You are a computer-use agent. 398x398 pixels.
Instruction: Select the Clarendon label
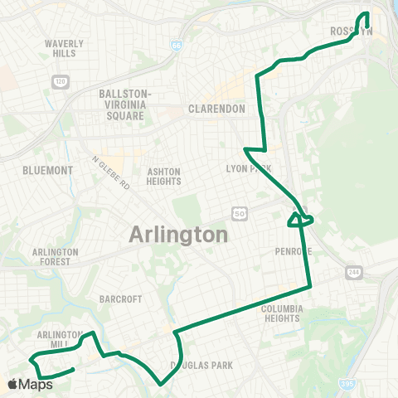216,109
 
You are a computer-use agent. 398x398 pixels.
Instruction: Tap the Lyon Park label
249,168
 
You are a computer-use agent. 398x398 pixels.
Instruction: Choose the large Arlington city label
178,235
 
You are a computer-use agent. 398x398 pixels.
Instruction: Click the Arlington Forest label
55,256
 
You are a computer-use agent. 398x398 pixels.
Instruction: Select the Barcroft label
120,299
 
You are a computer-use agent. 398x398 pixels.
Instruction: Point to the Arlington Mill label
59,339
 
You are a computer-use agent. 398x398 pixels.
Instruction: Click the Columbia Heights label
283,313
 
